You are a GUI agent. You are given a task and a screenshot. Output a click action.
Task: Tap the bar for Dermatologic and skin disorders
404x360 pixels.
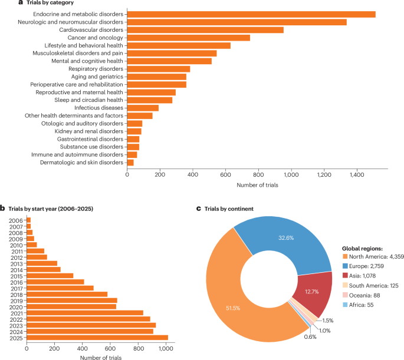point(130,162)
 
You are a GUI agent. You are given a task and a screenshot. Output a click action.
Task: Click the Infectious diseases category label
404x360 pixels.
point(99,108)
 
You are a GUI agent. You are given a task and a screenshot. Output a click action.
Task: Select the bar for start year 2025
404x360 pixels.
point(97,338)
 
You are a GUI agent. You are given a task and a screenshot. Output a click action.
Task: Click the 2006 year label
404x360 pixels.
point(16,219)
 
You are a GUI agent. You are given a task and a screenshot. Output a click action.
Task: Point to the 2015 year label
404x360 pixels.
point(16,275)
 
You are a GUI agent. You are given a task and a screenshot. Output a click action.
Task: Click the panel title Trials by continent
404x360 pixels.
point(225,209)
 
